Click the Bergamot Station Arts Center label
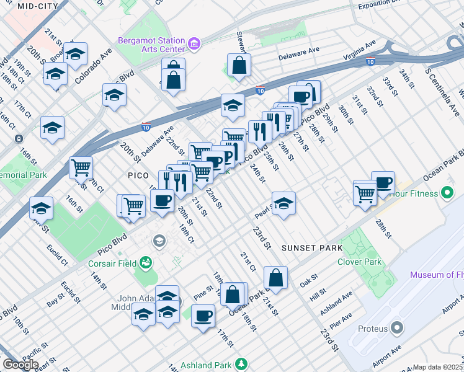pos(151,45)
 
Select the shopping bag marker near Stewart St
pos(239,65)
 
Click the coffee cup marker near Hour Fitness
pos(383,182)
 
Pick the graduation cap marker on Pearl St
pos(283,203)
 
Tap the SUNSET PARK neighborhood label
pos(311,248)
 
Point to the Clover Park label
pos(359,262)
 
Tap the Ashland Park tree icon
pos(239,365)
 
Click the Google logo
pos(20,364)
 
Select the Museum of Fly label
pos(436,275)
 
